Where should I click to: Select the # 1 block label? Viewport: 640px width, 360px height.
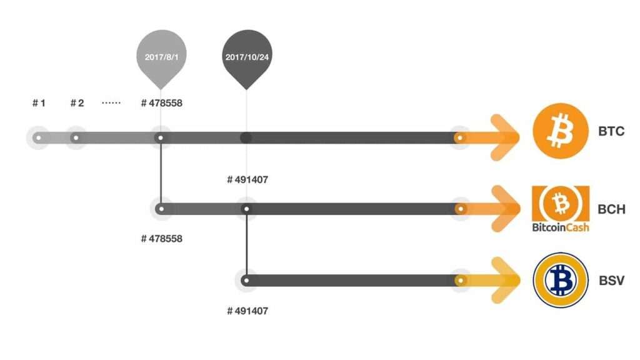[39, 102]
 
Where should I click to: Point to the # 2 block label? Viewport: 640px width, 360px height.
[77, 102]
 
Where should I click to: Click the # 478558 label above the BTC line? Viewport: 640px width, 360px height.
[162, 102]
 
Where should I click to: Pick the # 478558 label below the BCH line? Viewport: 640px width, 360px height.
[162, 238]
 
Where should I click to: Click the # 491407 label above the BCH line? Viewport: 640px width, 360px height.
[247, 180]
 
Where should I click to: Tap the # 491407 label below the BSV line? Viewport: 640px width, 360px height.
[247, 310]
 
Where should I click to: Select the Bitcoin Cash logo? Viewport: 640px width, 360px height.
[560, 208]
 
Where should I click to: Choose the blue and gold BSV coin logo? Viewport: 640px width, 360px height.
[560, 280]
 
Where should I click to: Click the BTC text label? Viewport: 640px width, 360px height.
[611, 132]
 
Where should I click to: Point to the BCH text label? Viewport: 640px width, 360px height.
[611, 209]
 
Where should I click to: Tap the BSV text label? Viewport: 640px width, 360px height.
[611, 280]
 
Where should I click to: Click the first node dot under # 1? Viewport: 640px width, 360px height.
[39, 137]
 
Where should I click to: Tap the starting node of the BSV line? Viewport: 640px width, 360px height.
[247, 281]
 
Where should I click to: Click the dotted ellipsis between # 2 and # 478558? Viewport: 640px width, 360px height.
[111, 102]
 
